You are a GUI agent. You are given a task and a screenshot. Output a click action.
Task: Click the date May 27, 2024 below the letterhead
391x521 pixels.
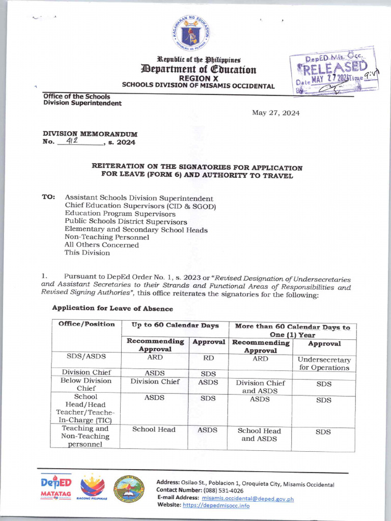pyautogui.click(x=275, y=113)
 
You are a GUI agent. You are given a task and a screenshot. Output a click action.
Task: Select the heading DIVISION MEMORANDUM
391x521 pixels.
pyautogui.click(x=90, y=134)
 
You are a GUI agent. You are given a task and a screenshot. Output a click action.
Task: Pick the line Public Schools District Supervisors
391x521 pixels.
pyautogui.click(x=125, y=222)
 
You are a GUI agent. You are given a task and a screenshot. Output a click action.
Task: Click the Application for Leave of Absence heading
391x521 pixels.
pyautogui.click(x=112, y=308)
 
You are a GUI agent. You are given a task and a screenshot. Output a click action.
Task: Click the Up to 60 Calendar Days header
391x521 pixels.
pyautogui.click(x=175, y=325)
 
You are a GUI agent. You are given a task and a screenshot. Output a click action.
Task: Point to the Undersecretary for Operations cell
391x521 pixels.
pyautogui.click(x=324, y=363)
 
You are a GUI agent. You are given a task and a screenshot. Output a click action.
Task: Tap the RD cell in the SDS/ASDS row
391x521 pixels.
pyautogui.click(x=208, y=358)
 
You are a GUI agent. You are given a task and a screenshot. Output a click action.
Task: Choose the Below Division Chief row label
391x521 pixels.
pyautogui.click(x=86, y=384)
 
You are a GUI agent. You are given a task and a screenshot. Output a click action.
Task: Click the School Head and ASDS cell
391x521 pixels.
pyautogui.click(x=259, y=435)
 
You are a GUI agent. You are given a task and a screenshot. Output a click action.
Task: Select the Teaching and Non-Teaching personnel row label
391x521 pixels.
pyautogui.click(x=86, y=436)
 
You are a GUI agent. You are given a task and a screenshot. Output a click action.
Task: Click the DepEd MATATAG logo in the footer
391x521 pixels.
pyautogui.click(x=56, y=487)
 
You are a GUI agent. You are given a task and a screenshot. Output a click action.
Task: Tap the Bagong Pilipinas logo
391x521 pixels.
pyautogui.click(x=93, y=488)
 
